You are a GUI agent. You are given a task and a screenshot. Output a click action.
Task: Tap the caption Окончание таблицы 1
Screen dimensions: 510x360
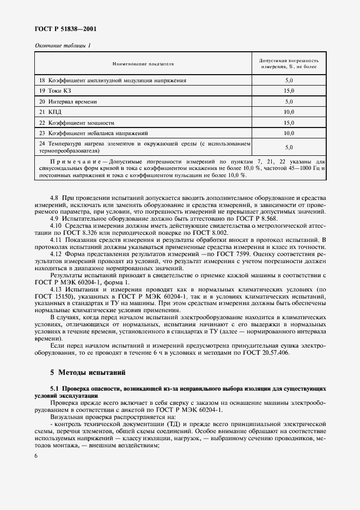pyautogui.click(x=63, y=46)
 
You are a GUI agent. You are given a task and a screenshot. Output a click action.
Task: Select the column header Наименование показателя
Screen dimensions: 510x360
pyautogui.click(x=143, y=64)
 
